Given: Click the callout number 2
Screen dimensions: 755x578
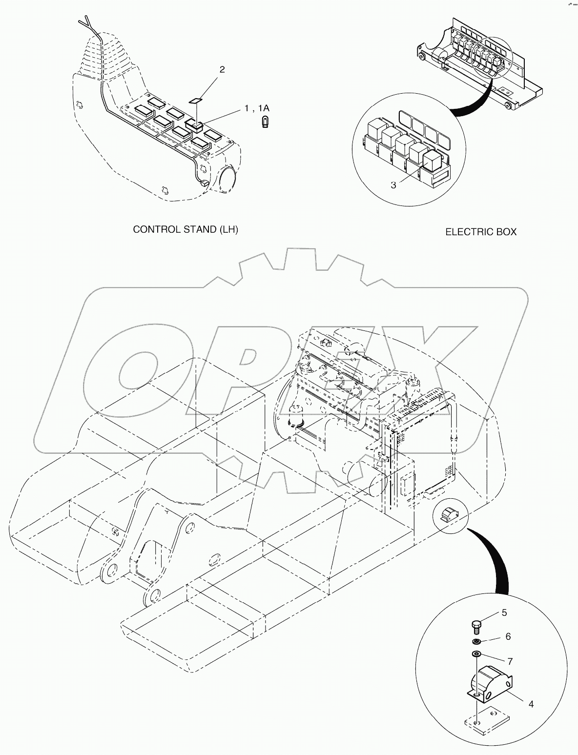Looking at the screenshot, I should (x=222, y=69).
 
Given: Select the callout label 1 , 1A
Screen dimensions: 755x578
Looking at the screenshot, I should (x=257, y=108).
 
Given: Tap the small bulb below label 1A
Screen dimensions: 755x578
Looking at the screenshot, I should (x=265, y=122).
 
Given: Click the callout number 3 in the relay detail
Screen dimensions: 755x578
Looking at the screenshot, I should (x=393, y=184).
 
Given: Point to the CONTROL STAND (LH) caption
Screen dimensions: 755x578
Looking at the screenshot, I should (x=186, y=229).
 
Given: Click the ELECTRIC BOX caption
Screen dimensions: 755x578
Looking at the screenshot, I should (x=480, y=232).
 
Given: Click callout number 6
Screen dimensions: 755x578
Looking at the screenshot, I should (x=508, y=636).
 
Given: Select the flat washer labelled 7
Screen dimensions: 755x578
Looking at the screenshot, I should (x=476, y=654).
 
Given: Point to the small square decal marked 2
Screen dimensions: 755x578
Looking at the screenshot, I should (x=195, y=101).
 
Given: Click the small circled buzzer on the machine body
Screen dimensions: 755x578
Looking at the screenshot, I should (x=449, y=514).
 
